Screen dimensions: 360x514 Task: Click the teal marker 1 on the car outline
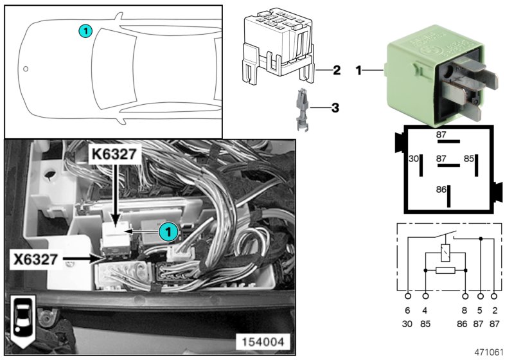click(x=85, y=30)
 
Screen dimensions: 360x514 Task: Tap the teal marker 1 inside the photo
click(x=168, y=231)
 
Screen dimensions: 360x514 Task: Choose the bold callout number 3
click(x=334, y=107)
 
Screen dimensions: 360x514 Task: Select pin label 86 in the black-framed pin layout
click(x=440, y=191)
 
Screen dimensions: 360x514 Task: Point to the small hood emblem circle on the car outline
click(x=26, y=68)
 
